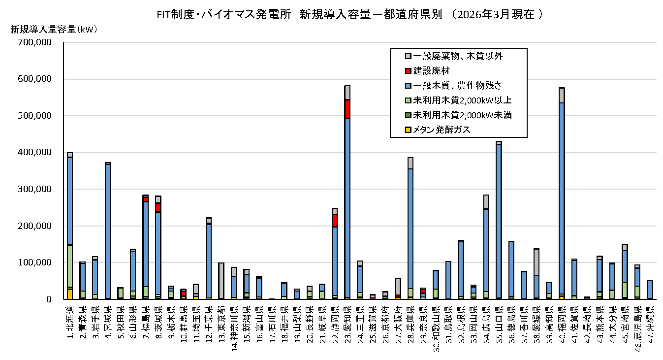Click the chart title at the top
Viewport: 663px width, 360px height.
(x=349, y=14)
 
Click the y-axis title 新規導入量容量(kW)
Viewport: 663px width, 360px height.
(x=54, y=30)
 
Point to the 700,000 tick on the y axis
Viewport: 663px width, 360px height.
(x=34, y=42)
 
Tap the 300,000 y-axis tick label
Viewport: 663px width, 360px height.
(x=34, y=189)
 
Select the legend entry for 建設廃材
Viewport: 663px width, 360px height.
(x=427, y=71)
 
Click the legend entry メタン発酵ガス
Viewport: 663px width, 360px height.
(x=438, y=130)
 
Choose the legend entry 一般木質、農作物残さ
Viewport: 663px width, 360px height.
(x=453, y=86)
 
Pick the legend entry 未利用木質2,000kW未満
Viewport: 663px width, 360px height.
(x=458, y=115)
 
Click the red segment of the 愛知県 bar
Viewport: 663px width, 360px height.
(x=347, y=109)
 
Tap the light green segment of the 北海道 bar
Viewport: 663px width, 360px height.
(x=70, y=266)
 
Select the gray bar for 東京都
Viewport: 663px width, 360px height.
(x=221, y=281)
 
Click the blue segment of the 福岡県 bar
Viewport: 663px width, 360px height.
(x=562, y=198)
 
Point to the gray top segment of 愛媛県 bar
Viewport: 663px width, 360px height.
(x=537, y=262)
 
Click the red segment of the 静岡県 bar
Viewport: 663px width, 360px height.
(x=335, y=221)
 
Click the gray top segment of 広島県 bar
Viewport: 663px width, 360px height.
(x=486, y=202)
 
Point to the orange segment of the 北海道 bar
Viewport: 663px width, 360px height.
(x=70, y=295)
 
